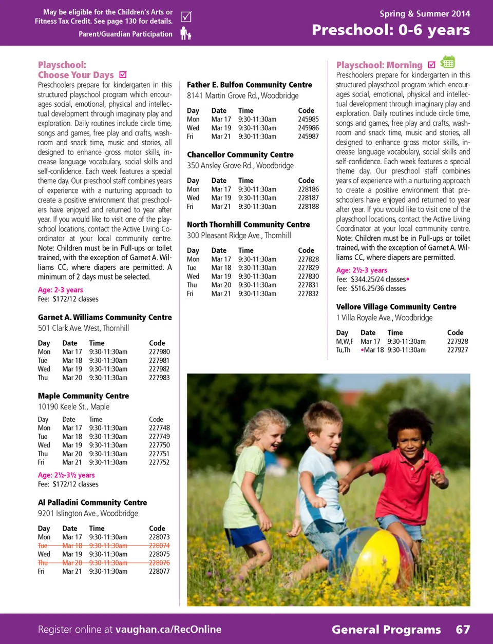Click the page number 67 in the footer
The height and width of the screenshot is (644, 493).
click(463, 630)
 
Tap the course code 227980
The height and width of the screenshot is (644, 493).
click(159, 352)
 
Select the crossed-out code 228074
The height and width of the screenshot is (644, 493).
click(159, 546)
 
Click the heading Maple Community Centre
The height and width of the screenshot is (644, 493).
click(83, 396)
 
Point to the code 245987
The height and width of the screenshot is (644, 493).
click(308, 136)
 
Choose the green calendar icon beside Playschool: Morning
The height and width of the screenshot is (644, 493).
click(448, 63)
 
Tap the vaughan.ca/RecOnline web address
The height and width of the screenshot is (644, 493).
click(168, 630)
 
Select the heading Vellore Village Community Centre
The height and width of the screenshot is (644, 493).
click(396, 307)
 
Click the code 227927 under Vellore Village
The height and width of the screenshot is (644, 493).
click(457, 350)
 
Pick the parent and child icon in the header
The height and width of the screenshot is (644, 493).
click(186, 34)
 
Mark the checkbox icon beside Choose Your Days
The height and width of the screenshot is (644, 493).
click(123, 75)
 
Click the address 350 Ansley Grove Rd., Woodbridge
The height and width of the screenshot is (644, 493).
click(240, 166)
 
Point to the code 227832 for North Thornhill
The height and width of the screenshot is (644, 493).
click(308, 294)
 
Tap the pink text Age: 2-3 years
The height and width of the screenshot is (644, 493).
click(60, 290)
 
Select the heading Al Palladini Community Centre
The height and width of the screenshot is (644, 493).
click(92, 503)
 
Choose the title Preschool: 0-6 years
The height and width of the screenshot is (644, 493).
click(391, 30)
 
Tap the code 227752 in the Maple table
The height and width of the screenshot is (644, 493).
click(159, 462)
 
